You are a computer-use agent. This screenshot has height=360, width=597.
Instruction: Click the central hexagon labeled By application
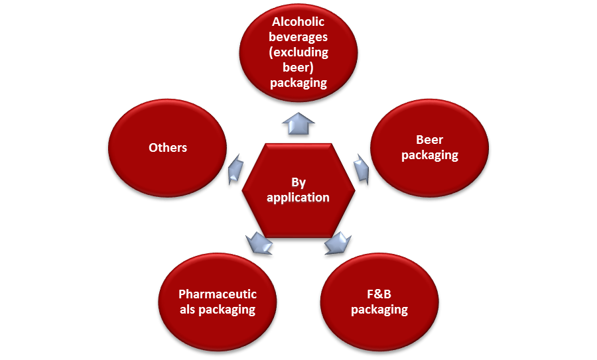tap(298, 190)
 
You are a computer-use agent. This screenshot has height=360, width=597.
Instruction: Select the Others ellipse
tap(167, 147)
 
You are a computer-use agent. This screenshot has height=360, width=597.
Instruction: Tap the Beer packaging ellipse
tap(429, 147)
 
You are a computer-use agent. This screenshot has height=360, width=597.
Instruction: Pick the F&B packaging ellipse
tap(379, 302)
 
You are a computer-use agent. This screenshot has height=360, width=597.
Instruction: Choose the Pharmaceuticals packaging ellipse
tap(217, 302)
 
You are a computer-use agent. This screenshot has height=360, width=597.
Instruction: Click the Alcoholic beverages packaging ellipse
tap(298, 52)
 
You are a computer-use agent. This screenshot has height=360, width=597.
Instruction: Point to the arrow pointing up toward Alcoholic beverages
tap(298, 123)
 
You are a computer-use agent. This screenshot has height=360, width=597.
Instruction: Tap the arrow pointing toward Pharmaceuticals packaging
tap(259, 243)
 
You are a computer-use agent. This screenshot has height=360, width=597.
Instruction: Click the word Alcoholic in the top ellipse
tap(298, 22)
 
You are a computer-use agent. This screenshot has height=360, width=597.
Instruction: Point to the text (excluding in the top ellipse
tap(298, 52)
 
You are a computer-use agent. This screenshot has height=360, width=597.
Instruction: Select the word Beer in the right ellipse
tap(429, 140)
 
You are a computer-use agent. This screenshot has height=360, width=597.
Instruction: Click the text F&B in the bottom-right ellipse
tap(379, 294)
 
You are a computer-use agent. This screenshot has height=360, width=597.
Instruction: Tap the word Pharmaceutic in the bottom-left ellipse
tap(218, 294)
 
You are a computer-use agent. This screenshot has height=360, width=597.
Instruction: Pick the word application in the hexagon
tap(298, 198)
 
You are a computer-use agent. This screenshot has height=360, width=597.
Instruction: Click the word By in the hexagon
tap(298, 182)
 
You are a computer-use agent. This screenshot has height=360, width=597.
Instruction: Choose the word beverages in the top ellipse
tap(298, 37)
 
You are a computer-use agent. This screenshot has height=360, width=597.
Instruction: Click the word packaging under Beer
tap(429, 155)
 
